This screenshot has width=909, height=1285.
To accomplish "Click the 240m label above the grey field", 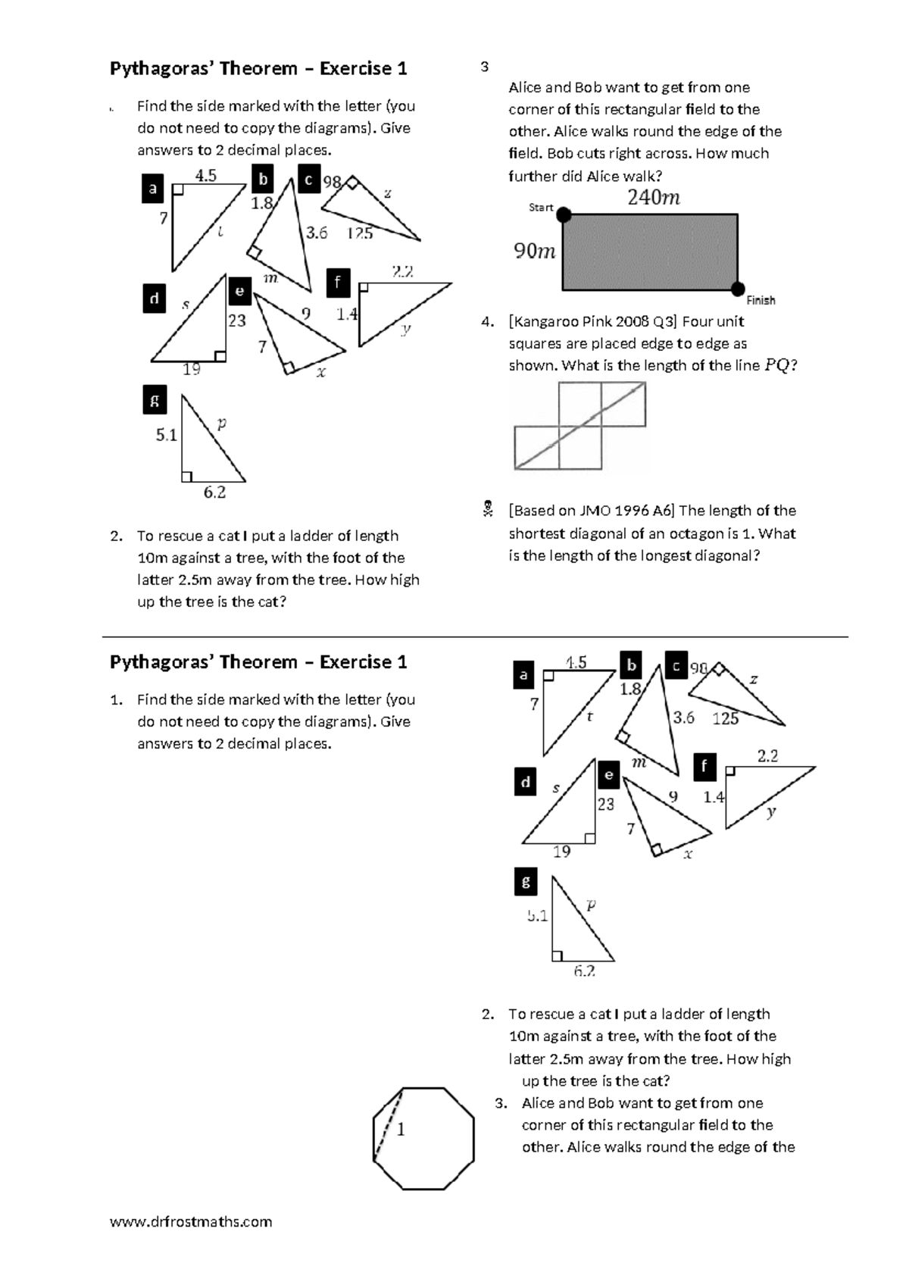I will pos(653,198).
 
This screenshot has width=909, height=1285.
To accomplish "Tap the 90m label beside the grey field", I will pos(535,251).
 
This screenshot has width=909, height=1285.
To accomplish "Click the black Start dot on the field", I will pos(564,216).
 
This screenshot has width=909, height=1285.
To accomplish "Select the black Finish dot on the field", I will pos(738,289).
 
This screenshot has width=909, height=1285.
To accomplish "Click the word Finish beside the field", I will pos(761,301).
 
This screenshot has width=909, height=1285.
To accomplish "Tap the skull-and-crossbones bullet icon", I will pos(489,510).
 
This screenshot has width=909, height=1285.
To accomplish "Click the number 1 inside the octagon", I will pos(401,1130).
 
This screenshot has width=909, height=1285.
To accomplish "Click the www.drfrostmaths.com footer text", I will pos(191,1221).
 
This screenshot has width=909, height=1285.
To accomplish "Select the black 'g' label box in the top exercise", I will pos(155,401).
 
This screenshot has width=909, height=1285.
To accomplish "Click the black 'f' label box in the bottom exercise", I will pos(704,767).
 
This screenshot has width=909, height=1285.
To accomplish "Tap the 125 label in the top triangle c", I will pos(360,233).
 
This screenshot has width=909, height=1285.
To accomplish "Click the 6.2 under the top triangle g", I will pos(214,492).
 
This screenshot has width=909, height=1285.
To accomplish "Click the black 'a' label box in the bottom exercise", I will pos(523,674).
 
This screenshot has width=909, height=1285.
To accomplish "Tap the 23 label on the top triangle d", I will pos(237,320).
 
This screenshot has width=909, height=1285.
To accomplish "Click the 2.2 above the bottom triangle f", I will pos(767,755).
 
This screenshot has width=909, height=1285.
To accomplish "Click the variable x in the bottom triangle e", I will pos(688,855).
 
